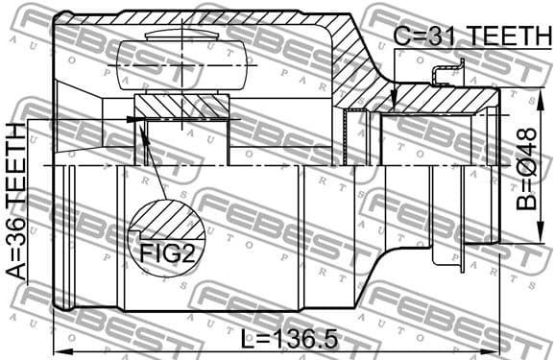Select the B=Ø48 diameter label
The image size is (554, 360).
pyautogui.click(x=527, y=169)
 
